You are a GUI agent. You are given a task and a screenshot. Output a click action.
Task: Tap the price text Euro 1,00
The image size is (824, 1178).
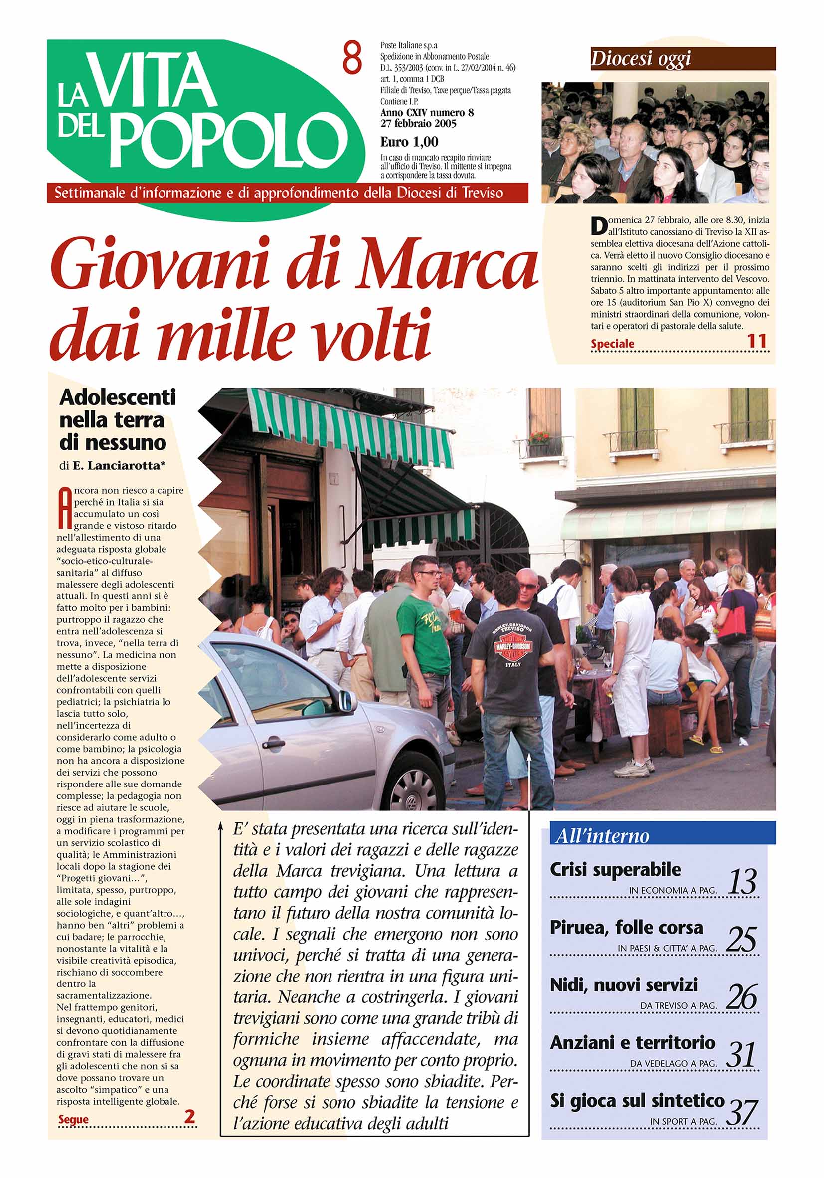[x=409, y=142]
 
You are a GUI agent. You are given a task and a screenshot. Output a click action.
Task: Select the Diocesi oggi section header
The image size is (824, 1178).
[x=641, y=59]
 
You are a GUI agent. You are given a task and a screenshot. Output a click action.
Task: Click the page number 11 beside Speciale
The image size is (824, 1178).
[x=757, y=341]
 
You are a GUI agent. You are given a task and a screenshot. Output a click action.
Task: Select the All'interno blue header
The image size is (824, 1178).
[x=602, y=836]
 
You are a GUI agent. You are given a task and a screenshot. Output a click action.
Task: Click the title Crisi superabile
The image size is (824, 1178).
[x=615, y=870]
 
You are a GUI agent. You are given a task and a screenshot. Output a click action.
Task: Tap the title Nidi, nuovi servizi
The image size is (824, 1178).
[x=624, y=984]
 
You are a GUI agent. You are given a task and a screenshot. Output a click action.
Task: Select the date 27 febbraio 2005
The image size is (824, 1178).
[x=418, y=124]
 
